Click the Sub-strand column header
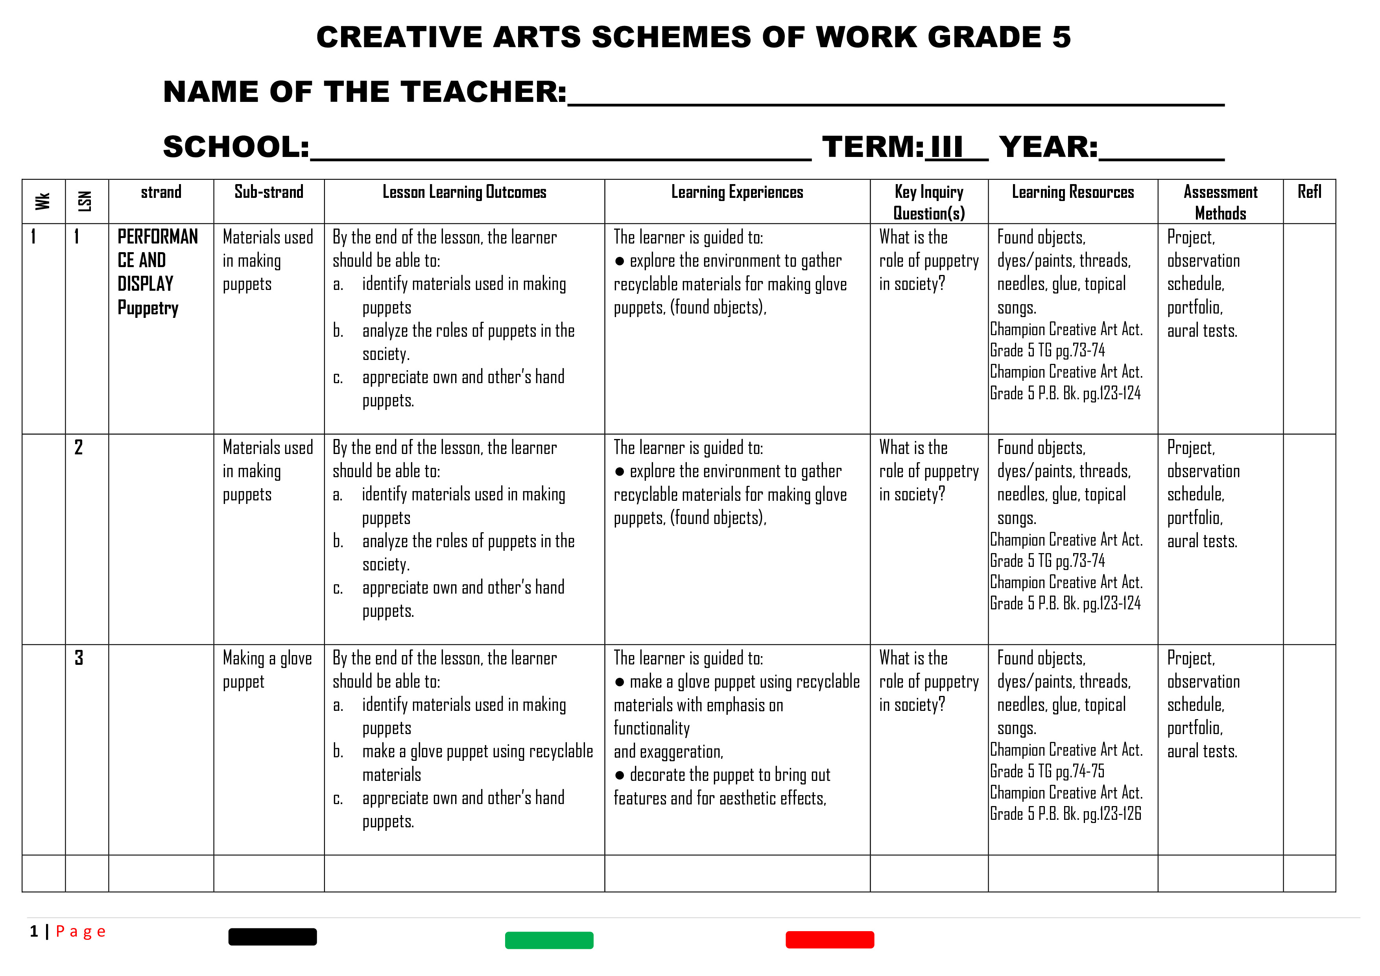point(269,192)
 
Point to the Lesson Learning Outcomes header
point(464,192)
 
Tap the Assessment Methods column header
point(1220,203)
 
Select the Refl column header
point(1309,192)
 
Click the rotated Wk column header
point(42,201)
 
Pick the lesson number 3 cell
point(79,658)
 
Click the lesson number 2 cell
point(79,448)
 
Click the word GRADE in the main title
point(984,37)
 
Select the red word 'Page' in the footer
point(81,932)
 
